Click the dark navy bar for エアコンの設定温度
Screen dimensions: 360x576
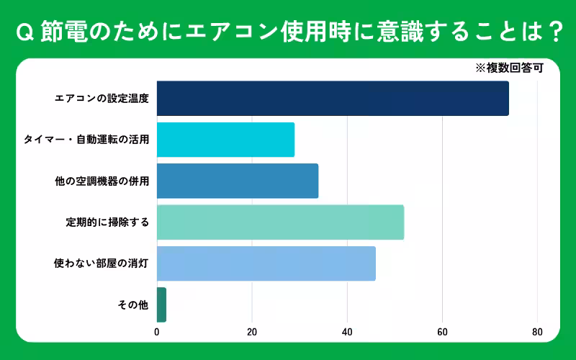coord(333,99)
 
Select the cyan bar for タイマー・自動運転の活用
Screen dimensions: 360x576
coord(225,140)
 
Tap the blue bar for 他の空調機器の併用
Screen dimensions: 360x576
coord(238,181)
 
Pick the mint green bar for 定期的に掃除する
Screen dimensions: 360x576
coord(280,222)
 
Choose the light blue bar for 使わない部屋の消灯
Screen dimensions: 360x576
coord(266,264)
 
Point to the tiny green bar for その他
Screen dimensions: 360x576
coord(161,305)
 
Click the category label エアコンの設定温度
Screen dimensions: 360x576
coord(102,99)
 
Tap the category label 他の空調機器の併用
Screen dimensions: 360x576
coord(102,181)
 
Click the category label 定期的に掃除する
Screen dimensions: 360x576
coord(107,222)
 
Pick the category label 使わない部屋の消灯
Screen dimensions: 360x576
coord(102,264)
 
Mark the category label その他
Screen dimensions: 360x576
coord(133,305)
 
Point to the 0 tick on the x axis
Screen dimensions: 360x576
coord(157,333)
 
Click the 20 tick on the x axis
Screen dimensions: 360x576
coord(252,333)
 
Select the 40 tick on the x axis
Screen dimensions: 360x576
coord(347,333)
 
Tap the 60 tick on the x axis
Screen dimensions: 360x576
coord(442,333)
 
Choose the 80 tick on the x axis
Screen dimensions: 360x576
coord(537,333)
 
